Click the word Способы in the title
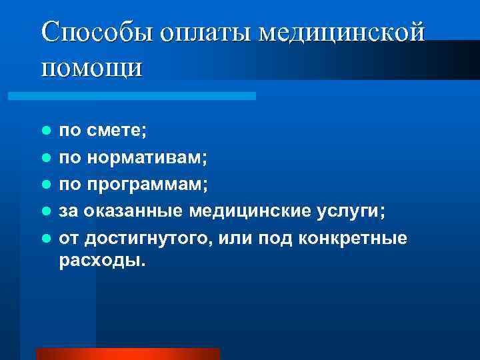(x=89, y=32)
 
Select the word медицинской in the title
(x=341, y=32)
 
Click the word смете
(x=113, y=131)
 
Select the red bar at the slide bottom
(x=128, y=354)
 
